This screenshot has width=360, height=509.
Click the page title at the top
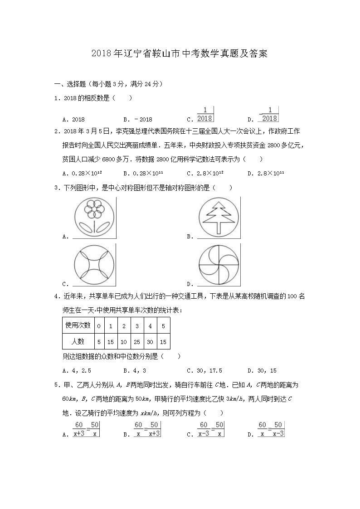[180, 53]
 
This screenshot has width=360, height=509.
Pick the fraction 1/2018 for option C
[205, 114]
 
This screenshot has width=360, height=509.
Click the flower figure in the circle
[94, 217]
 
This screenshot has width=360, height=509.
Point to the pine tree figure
[219, 217]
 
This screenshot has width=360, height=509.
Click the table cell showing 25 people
[137, 341]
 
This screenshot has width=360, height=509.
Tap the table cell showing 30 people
[150, 341]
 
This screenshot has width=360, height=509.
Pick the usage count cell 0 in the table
[99, 325]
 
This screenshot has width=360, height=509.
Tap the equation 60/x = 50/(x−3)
[271, 429]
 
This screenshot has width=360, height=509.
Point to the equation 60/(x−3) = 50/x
[211, 429]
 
